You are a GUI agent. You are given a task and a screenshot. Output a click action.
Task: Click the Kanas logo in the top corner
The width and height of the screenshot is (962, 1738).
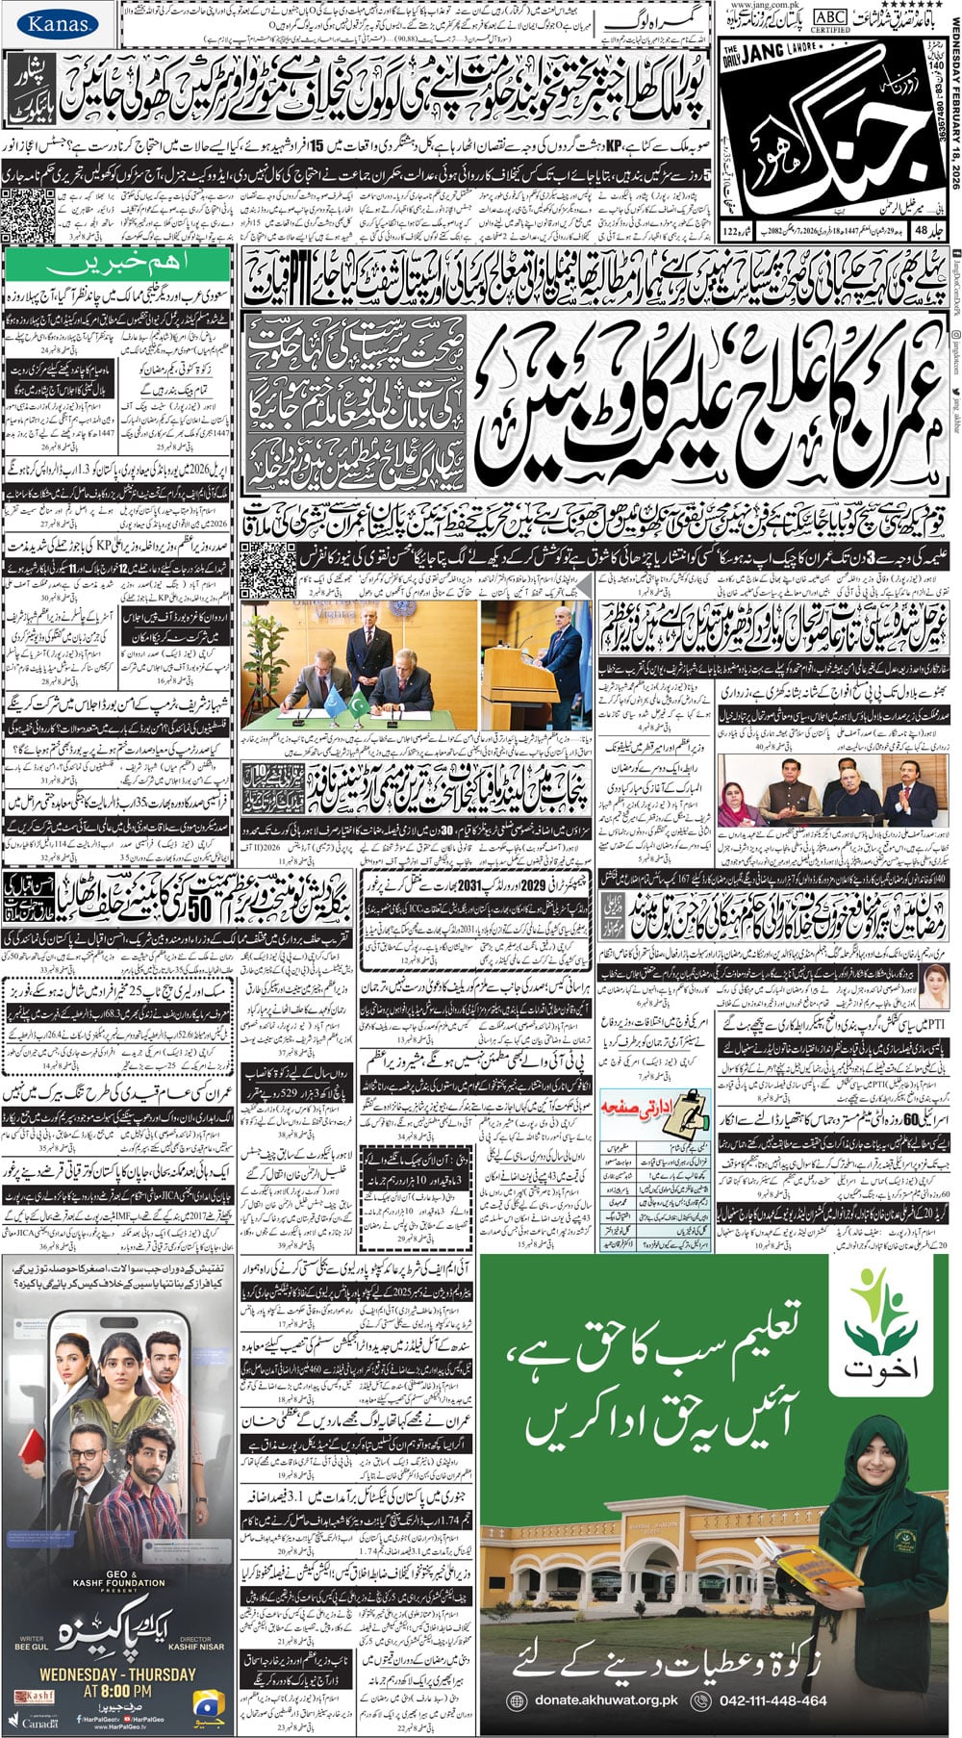[57, 24]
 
